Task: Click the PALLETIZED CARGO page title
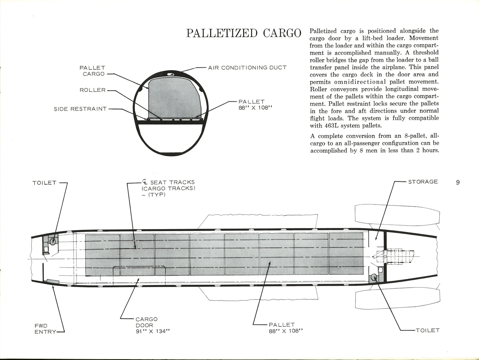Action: (x=244, y=33)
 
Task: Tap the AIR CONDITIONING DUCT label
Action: (x=247, y=68)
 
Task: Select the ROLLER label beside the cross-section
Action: (x=93, y=90)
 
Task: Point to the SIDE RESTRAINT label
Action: (x=80, y=109)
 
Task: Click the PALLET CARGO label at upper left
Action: (x=92, y=71)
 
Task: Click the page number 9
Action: (x=458, y=182)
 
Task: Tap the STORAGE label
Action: (x=423, y=182)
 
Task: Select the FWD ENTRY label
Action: (x=46, y=329)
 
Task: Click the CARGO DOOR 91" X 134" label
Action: (x=152, y=325)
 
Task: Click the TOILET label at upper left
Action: (x=44, y=183)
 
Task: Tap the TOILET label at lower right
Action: (x=427, y=330)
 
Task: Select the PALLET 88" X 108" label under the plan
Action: (x=286, y=328)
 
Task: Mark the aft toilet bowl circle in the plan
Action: (x=374, y=277)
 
